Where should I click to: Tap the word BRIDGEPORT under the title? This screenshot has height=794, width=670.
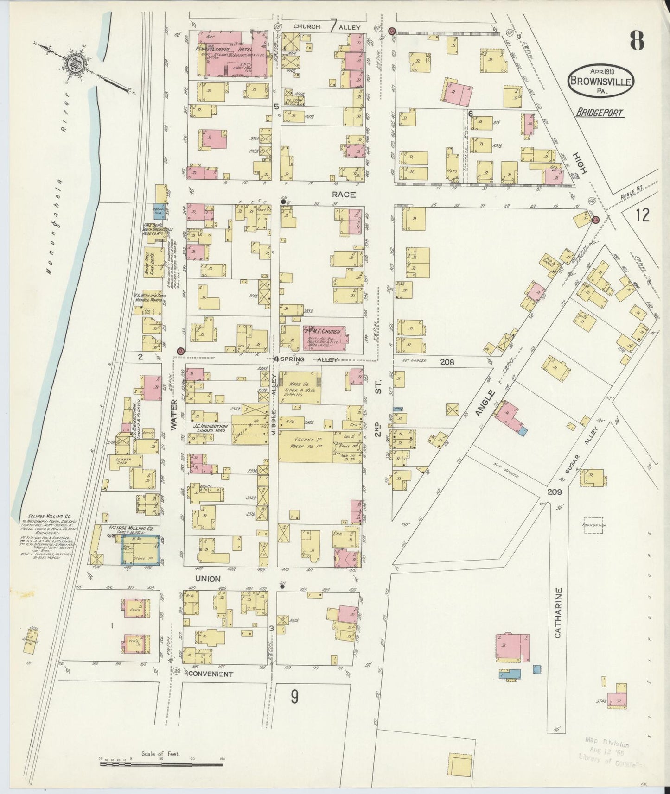point(600,113)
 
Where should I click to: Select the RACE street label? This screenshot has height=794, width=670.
point(344,195)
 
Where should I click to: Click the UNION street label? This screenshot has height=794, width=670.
point(207,579)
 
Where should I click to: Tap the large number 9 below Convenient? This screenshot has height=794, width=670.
point(294,697)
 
